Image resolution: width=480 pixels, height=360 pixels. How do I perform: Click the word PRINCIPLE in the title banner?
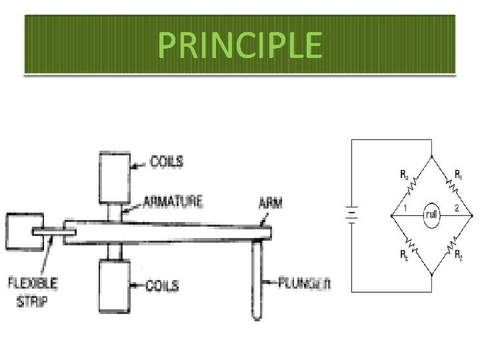pyautogui.click(x=240, y=45)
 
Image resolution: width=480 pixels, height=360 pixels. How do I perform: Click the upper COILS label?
pyautogui.click(x=167, y=161)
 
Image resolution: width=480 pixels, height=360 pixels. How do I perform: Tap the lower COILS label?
pyautogui.click(x=163, y=286)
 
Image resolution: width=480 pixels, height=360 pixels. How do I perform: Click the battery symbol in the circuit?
pyautogui.click(x=351, y=215)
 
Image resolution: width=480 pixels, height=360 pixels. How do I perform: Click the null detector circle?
pyautogui.click(x=432, y=215)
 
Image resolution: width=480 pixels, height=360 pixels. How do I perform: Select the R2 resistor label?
pyautogui.click(x=459, y=255)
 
